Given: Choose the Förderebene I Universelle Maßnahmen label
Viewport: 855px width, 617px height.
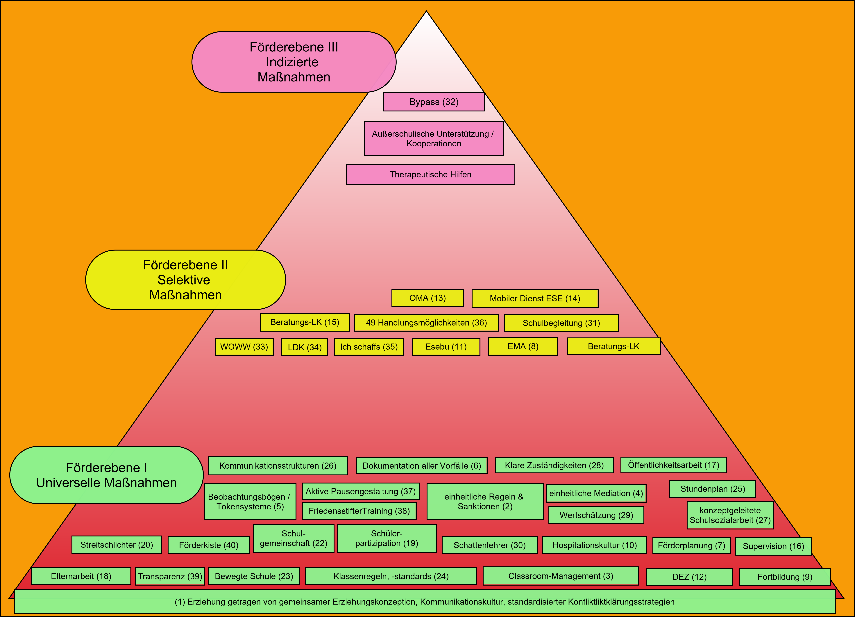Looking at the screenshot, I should [x=106, y=475].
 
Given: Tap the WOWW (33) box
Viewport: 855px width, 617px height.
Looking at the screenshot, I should [x=244, y=347].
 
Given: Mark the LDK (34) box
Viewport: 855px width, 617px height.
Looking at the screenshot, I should [x=305, y=347].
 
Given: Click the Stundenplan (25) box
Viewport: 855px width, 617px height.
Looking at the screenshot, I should [x=713, y=489].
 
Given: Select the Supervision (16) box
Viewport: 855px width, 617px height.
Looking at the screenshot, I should [x=773, y=546].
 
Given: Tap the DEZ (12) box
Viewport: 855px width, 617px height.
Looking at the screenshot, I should [x=689, y=577].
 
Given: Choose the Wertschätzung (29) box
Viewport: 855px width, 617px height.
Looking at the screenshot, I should [x=596, y=515].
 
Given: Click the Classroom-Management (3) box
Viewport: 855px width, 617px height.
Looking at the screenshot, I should [x=561, y=576].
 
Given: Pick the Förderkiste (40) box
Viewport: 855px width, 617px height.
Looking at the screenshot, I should [x=208, y=545].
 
